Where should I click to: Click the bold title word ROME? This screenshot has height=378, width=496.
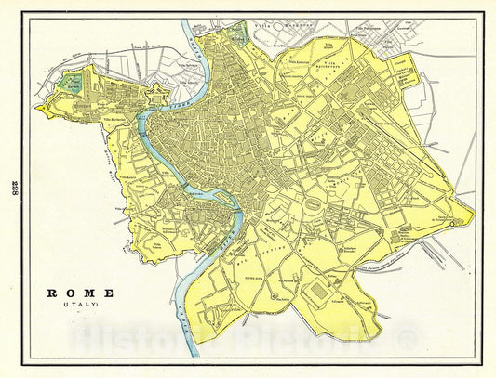[82, 293]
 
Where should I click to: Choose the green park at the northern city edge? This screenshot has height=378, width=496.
[239, 38]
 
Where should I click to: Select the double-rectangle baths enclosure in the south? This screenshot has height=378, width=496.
[320, 292]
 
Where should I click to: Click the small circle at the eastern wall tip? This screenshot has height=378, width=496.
[453, 224]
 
